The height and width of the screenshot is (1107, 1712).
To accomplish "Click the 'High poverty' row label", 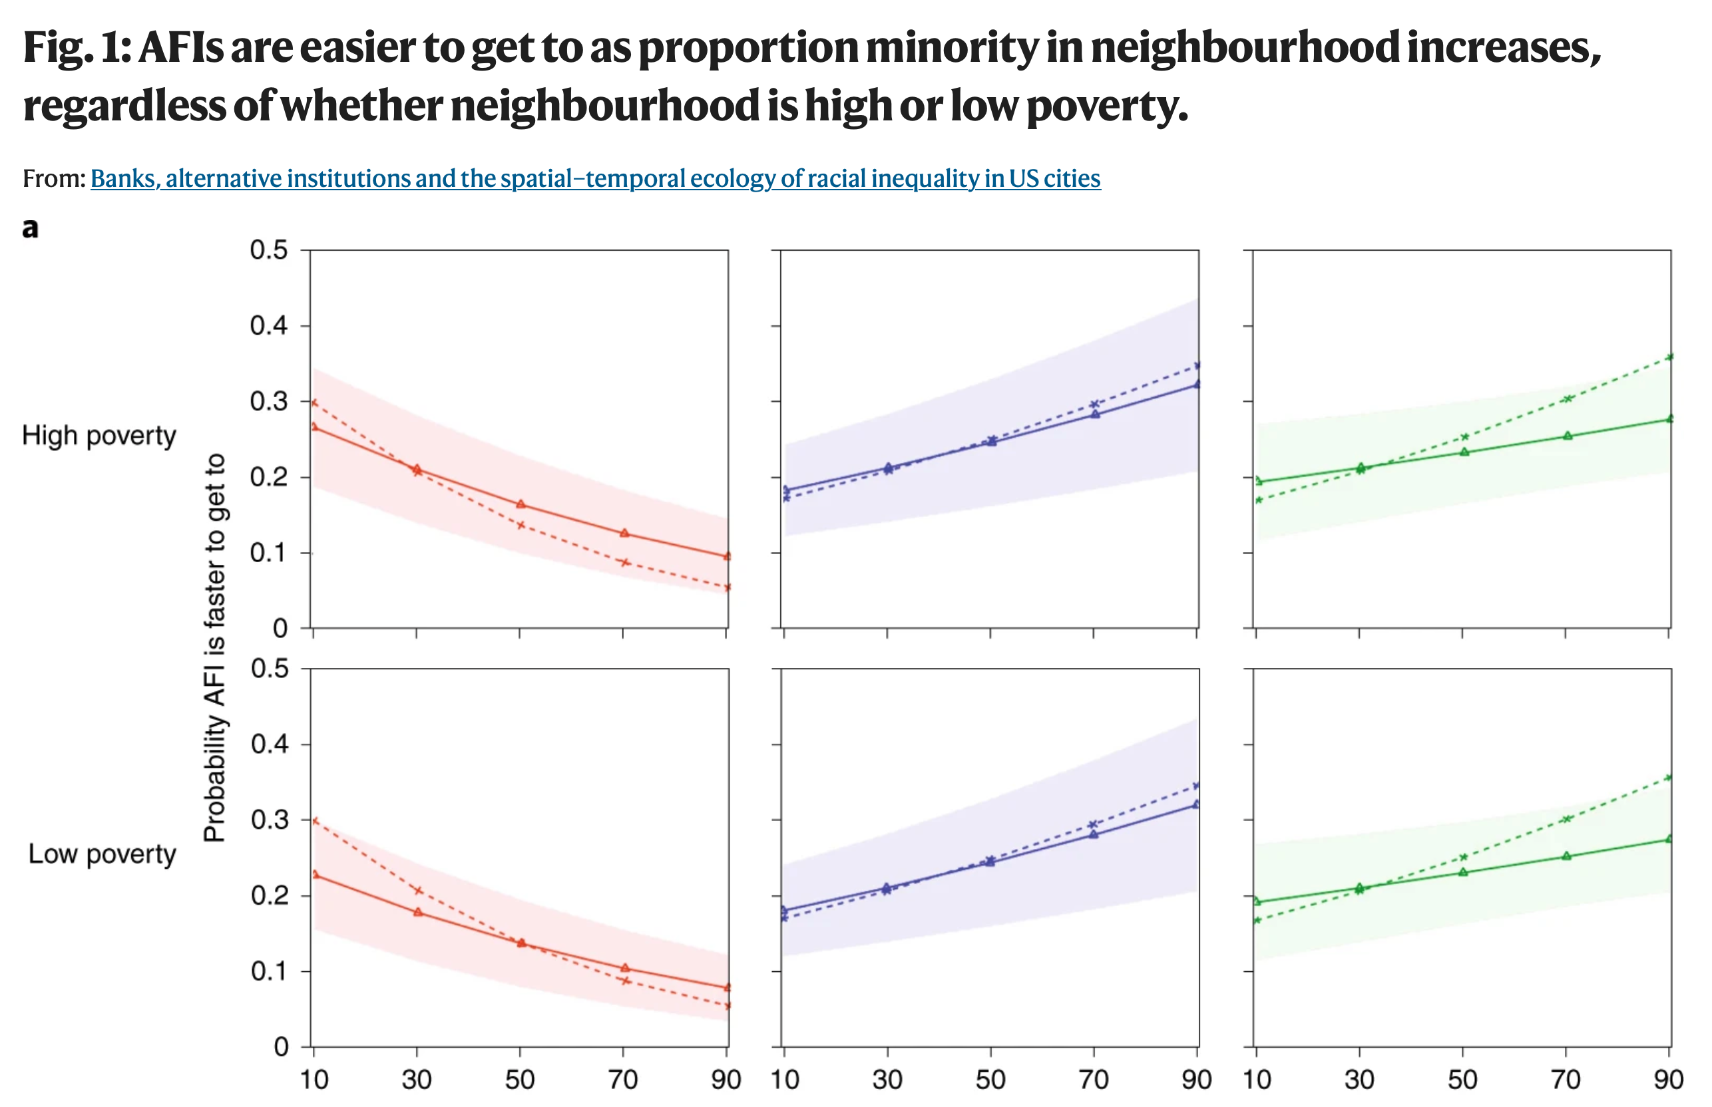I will tap(99, 436).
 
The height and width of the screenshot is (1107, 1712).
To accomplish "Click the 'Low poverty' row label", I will tap(102, 854).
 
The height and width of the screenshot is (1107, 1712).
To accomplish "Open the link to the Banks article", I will tap(594, 178).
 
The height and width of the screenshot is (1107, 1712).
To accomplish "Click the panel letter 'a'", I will tap(29, 229).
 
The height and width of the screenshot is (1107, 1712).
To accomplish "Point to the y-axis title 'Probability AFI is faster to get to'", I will tap(214, 647).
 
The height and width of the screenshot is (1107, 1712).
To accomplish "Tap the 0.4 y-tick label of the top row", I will tap(268, 325).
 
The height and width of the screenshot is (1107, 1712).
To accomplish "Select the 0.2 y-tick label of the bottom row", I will tap(269, 895).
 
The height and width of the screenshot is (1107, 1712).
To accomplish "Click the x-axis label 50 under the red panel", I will tap(519, 1080).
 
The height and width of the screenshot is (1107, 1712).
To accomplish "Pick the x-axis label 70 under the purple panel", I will tap(1093, 1080).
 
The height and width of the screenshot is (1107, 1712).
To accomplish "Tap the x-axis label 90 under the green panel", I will tap(1668, 1080).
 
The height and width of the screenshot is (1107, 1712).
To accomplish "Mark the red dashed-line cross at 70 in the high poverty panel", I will tap(625, 562).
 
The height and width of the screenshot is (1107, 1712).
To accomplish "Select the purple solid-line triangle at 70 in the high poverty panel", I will tap(1094, 414).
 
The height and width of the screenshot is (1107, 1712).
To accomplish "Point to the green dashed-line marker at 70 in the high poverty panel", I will tap(1568, 398).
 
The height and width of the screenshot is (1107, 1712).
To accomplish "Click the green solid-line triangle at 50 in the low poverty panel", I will tap(1462, 872).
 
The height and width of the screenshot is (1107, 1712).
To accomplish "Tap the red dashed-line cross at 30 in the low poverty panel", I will tap(418, 891).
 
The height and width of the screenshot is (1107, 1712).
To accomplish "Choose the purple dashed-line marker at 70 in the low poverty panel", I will tap(1093, 824).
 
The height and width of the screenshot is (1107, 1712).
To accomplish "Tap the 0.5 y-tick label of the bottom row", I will tap(269, 669).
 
